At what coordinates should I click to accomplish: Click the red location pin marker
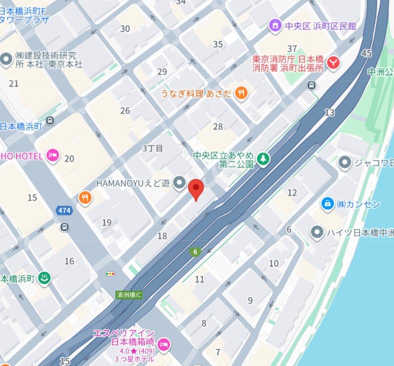[197, 188]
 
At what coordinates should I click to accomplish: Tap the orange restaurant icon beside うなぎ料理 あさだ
[241, 92]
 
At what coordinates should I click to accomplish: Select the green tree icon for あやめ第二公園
[263, 159]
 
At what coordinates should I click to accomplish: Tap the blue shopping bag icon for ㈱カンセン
[327, 203]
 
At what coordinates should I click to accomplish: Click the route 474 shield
[64, 210]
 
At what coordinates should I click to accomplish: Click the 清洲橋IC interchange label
[129, 295]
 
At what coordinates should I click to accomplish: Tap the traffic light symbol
[110, 274]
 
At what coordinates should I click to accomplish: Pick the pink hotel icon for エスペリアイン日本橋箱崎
[164, 344]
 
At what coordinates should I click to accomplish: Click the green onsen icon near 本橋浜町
[45, 279]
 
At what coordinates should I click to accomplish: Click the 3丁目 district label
[153, 148]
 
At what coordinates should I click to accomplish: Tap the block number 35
[218, 44]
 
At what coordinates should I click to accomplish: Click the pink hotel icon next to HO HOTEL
[52, 157]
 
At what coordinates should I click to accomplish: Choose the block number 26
[125, 111]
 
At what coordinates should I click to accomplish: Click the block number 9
[250, 300]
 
